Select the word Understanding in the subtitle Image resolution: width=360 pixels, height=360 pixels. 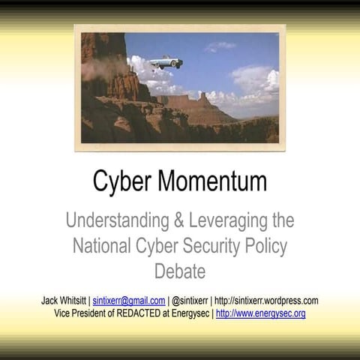click(x=117, y=220)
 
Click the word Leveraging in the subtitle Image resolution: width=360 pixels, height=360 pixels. click(x=230, y=220)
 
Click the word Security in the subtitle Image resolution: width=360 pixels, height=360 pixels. click(x=215, y=244)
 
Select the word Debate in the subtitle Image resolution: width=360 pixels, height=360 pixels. click(x=180, y=268)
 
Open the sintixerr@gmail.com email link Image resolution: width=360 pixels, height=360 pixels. click(x=129, y=301)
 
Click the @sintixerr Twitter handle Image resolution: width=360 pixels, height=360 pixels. click(x=191, y=301)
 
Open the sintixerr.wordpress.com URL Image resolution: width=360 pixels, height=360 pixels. click(x=267, y=301)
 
